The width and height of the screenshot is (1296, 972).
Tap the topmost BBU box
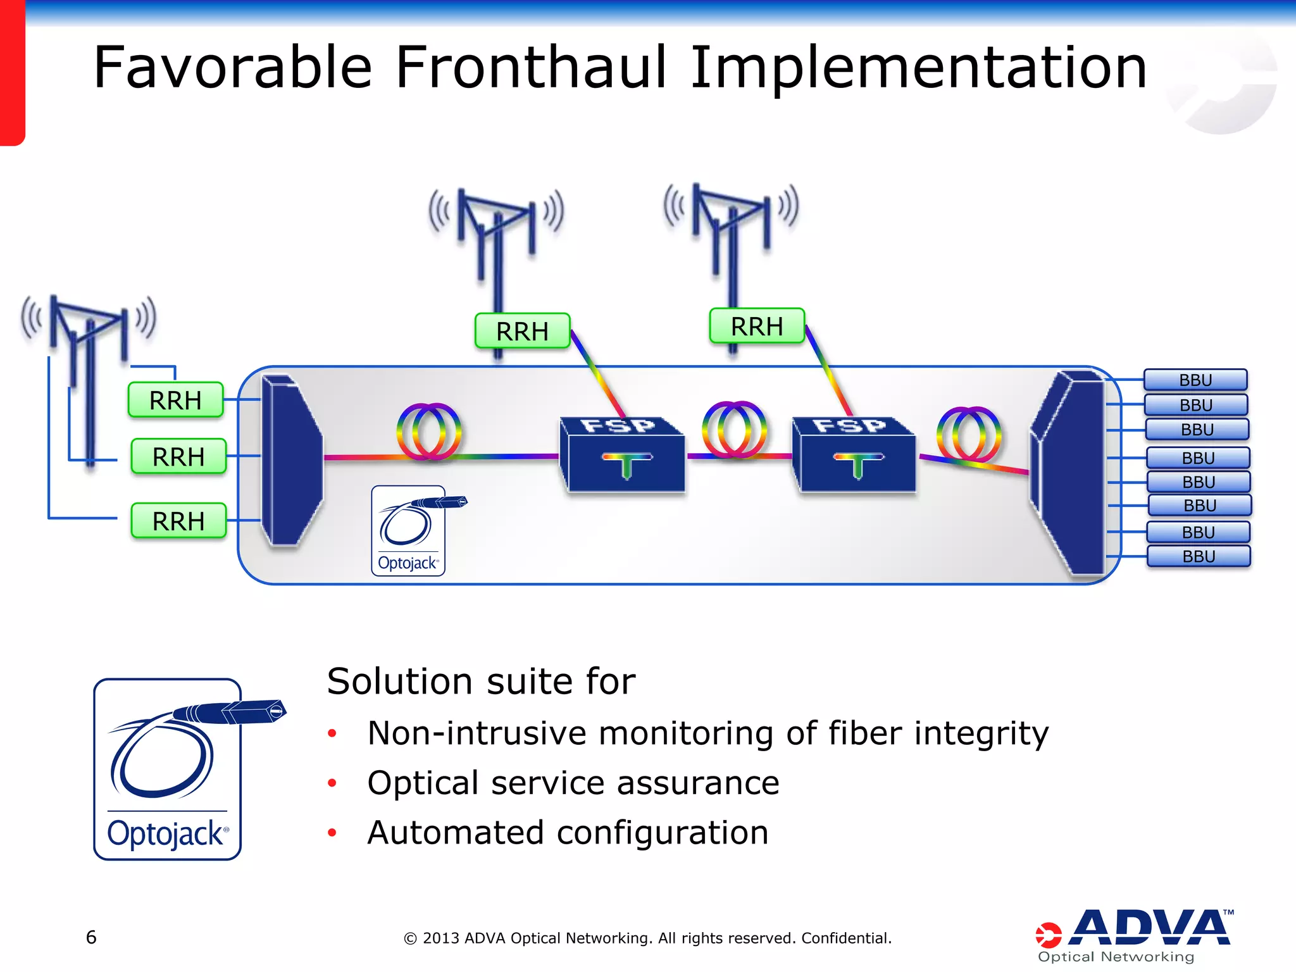tap(1195, 380)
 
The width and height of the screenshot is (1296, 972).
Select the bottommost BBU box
tap(1199, 556)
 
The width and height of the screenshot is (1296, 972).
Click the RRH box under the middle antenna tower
tap(522, 331)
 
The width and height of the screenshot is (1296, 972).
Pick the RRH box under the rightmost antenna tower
tap(756, 327)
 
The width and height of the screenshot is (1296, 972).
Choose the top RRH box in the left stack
tap(175, 400)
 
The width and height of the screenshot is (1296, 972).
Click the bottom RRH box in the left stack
tap(178, 521)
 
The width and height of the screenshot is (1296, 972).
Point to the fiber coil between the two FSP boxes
tap(734, 430)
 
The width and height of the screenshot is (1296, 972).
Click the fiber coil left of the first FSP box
tap(429, 432)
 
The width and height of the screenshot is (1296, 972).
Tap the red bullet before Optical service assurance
tap(332, 783)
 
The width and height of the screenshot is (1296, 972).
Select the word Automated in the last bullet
tap(456, 832)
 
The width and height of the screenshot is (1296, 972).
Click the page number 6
tap(91, 937)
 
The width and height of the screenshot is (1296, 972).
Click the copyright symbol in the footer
tap(410, 938)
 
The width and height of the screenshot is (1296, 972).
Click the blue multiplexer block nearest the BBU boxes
tap(1069, 471)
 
